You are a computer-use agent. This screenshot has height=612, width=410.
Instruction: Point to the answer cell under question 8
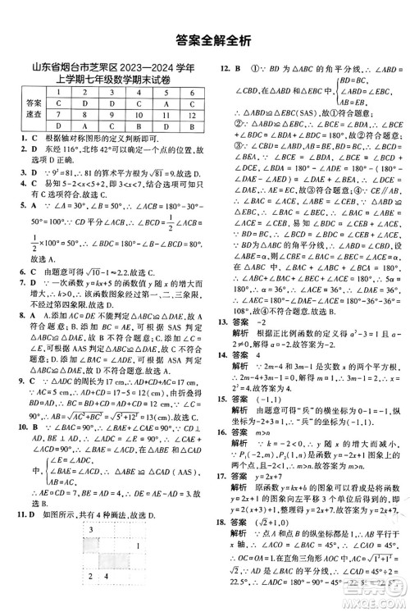tap(84, 127)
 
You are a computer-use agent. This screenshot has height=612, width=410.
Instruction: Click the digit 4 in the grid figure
tap(107, 600)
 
